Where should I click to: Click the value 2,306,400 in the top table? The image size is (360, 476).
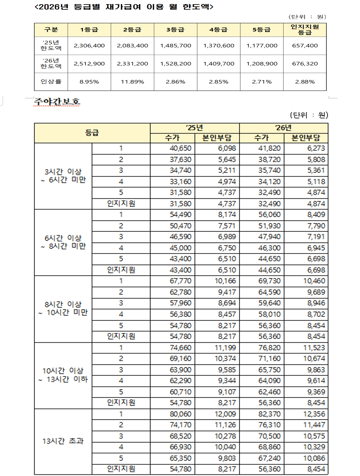(x=89, y=46)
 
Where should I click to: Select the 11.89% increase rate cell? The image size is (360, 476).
(x=132, y=82)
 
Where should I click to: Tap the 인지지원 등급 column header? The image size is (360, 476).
(x=305, y=29)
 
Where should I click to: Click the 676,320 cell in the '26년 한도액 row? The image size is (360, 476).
(x=305, y=64)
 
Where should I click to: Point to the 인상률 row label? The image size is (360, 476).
(x=51, y=82)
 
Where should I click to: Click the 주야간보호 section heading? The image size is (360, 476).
(x=57, y=102)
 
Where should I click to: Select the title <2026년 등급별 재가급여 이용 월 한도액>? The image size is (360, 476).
(x=124, y=7)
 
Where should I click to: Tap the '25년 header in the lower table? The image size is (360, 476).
(x=195, y=128)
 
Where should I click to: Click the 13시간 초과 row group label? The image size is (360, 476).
(x=63, y=441)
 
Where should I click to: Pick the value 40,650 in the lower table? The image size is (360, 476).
(x=180, y=148)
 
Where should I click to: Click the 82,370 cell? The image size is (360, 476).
(x=269, y=414)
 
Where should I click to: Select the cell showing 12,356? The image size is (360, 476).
(x=314, y=414)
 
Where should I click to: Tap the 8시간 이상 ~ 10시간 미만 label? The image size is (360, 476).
(x=63, y=308)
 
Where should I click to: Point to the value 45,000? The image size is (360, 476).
(x=180, y=248)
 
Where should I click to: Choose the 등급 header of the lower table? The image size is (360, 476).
(x=92, y=133)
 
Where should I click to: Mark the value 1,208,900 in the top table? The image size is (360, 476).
(x=262, y=64)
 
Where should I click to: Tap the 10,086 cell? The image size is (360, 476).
(x=314, y=458)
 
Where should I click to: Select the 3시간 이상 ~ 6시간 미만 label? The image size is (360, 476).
(x=63, y=176)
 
